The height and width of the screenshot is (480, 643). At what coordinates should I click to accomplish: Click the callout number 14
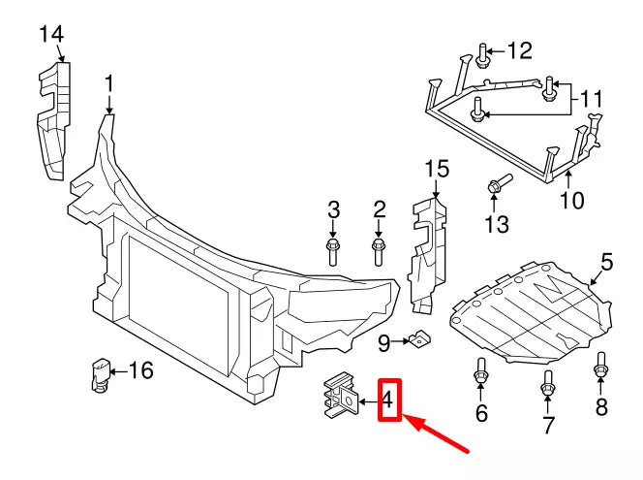click(51, 35)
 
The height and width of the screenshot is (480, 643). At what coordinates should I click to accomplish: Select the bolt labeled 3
click(333, 251)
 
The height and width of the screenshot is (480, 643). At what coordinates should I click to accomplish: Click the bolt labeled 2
click(379, 251)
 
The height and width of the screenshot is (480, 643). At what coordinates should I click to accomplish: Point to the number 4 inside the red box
click(388, 399)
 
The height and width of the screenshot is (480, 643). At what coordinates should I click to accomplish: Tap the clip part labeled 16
click(98, 373)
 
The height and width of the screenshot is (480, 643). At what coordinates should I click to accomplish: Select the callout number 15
click(437, 170)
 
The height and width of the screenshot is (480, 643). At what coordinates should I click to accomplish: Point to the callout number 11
click(592, 97)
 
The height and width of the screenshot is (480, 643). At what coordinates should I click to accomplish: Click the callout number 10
click(571, 201)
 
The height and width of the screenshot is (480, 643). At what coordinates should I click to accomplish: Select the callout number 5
click(606, 261)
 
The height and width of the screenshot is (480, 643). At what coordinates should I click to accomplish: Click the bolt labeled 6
click(480, 371)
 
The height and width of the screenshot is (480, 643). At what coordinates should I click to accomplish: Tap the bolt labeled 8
click(600, 367)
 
